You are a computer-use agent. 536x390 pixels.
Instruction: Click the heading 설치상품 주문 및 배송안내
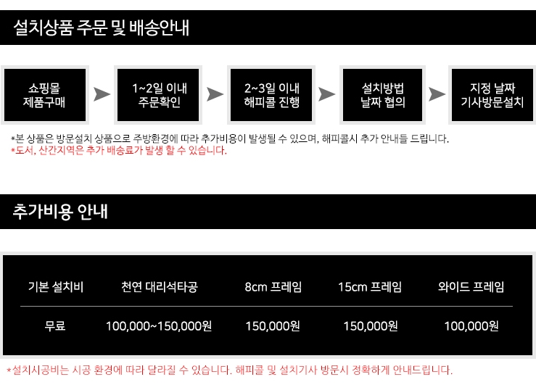point(102,28)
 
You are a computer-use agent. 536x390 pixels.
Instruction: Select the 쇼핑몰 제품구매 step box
point(44,95)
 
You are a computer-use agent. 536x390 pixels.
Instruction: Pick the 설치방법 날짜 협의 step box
point(383,95)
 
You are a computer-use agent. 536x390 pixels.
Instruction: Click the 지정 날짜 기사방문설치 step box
point(492,95)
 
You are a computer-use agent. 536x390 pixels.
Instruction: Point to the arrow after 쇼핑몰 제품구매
point(102,95)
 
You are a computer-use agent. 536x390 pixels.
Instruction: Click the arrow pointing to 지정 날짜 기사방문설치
point(437,95)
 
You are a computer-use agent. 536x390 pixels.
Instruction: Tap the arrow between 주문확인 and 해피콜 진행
point(215,95)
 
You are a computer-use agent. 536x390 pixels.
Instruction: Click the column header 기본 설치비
point(55,286)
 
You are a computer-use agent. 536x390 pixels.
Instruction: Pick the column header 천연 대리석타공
point(159,286)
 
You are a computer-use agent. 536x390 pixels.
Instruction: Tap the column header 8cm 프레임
point(273,286)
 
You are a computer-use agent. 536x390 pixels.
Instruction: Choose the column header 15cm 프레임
point(370,286)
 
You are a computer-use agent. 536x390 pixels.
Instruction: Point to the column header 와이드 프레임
point(471,286)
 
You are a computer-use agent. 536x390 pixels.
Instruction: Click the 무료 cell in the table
point(55,326)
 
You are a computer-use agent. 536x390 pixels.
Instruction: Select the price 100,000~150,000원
point(159,326)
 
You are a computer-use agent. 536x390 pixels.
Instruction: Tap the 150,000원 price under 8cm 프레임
point(273,326)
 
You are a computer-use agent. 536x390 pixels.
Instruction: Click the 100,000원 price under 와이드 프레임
point(471,326)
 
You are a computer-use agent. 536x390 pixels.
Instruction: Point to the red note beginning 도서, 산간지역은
point(119,151)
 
